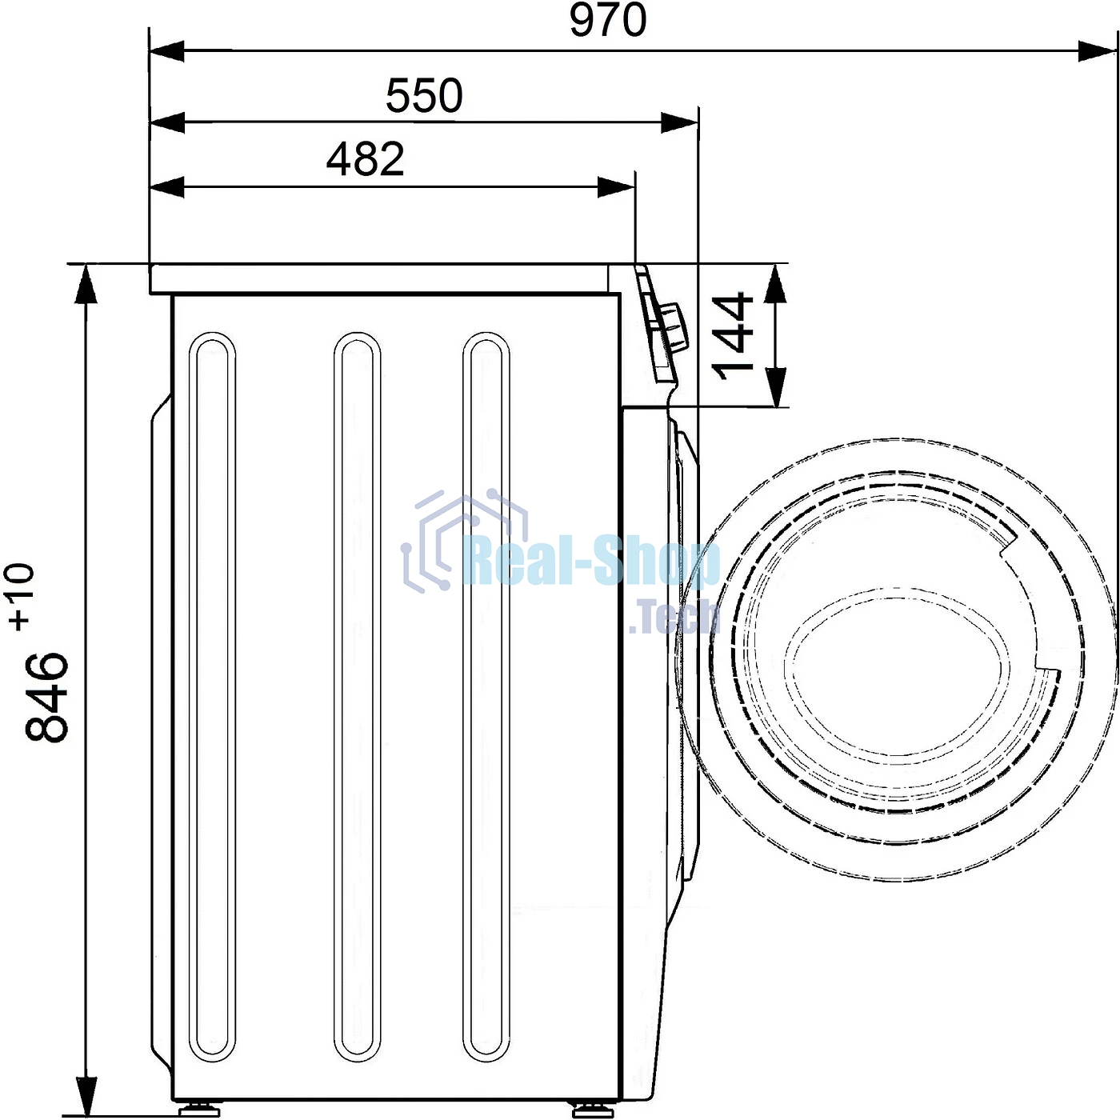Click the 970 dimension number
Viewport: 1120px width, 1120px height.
tap(607, 20)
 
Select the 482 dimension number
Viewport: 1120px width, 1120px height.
tap(365, 158)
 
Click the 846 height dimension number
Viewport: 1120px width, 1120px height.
tap(47, 696)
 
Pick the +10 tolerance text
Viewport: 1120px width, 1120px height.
tap(22, 596)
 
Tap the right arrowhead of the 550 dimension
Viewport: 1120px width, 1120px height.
tap(679, 122)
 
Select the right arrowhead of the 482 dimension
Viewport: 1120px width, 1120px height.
tap(616, 187)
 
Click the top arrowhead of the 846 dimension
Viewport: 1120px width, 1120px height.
tap(86, 284)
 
